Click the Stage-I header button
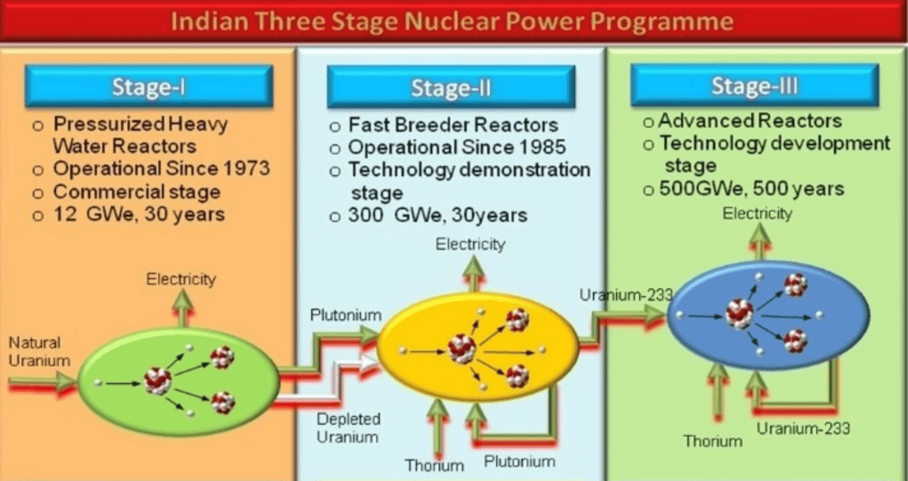coord(149,86)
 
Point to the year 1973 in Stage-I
coord(248,168)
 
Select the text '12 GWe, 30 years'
coord(139,214)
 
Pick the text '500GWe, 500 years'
coord(752,189)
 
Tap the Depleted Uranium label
coord(348,428)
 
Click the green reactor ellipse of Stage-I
coord(179,381)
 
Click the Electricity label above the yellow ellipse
coord(471,244)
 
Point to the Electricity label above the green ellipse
coord(181,279)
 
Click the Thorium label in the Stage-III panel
coord(713,441)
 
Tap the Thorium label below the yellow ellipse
coord(434,466)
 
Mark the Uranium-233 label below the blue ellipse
coord(803,428)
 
